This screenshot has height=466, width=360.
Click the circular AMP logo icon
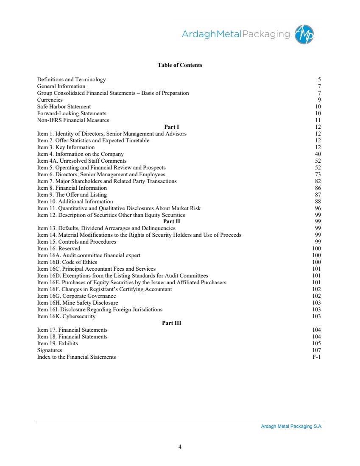click(304, 34)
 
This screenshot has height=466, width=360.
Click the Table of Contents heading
click(180, 65)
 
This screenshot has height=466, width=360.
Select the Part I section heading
click(172, 127)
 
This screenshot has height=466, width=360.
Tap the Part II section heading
click(172, 222)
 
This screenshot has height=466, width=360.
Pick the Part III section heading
click(172, 323)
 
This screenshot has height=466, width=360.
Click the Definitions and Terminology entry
click(71, 80)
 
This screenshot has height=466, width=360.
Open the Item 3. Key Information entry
click(66, 147)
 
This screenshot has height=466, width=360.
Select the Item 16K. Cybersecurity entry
click(66, 316)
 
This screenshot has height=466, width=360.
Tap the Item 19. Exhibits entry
click(57, 344)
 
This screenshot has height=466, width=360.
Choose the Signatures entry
click(50, 350)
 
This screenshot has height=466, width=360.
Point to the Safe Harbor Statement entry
click(64, 107)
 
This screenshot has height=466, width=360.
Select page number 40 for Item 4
click(318, 154)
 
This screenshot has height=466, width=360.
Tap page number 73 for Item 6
click(318, 175)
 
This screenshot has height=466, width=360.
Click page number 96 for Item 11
click(318, 208)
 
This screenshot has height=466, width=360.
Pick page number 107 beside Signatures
click(316, 350)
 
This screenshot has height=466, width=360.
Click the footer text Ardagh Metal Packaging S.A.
click(292, 427)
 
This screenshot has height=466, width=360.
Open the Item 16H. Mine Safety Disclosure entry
click(78, 303)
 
